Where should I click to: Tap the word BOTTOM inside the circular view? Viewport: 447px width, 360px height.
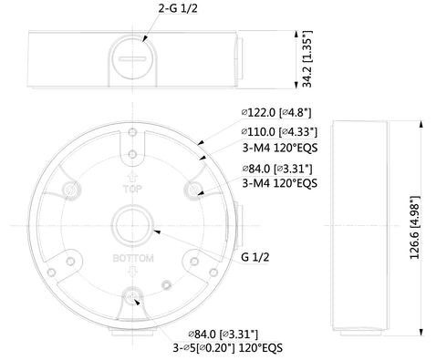132,259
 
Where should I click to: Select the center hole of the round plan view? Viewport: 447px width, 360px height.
132,224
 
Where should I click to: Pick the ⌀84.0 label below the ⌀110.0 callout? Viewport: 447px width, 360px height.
276,169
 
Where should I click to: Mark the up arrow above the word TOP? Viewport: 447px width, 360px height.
132,180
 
